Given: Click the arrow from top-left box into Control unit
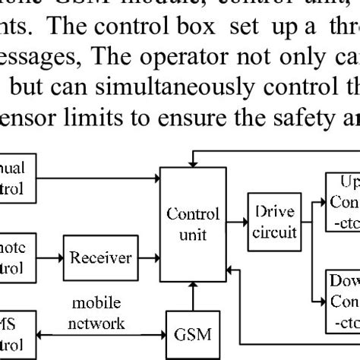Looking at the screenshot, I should [x=99, y=180].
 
